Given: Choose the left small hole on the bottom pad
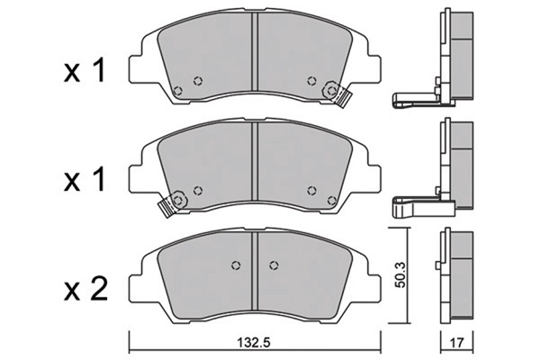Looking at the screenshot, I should [237, 265].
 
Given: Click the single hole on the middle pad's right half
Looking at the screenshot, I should [311, 190].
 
